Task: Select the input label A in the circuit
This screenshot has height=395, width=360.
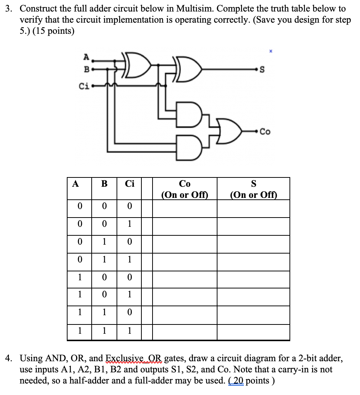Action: (86, 57)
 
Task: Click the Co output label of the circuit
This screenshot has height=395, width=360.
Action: (265, 131)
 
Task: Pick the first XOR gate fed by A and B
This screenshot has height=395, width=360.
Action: (137, 66)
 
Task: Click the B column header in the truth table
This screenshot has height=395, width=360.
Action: (104, 184)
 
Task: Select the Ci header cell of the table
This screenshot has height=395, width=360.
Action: (130, 184)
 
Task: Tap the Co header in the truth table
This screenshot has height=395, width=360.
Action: (184, 184)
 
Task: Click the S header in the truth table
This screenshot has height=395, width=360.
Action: (253, 184)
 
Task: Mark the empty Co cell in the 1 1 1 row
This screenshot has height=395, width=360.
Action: (184, 331)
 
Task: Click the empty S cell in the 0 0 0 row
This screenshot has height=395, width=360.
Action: (253, 206)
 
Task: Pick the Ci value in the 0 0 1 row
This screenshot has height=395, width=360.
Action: (130, 224)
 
